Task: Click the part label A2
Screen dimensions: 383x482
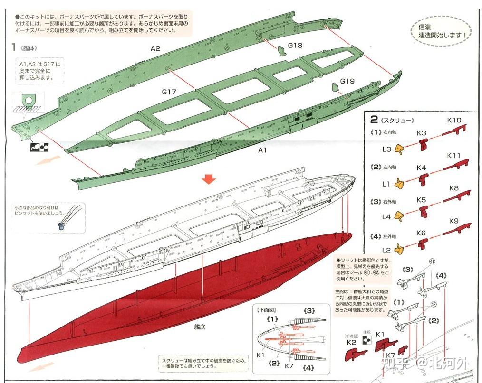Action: click(x=155, y=48)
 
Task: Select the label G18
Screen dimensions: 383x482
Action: click(x=295, y=46)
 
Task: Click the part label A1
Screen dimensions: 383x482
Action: click(x=263, y=150)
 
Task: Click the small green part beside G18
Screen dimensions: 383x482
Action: click(x=280, y=50)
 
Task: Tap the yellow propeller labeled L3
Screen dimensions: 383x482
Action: click(x=401, y=150)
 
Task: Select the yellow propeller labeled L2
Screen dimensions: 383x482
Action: click(x=401, y=249)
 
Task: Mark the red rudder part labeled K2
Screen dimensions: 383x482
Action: click(x=354, y=354)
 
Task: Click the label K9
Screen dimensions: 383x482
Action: click(x=453, y=221)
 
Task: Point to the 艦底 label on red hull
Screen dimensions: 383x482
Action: click(x=200, y=327)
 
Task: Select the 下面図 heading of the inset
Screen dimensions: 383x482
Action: click(x=267, y=310)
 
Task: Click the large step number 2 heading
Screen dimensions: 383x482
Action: click(x=375, y=120)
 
